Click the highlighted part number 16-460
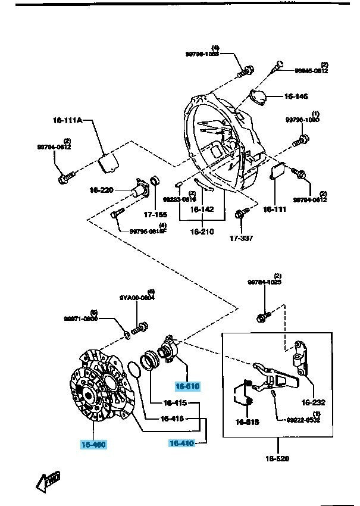(94, 443)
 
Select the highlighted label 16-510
(187, 386)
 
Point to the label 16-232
(314, 402)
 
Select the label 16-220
(101, 190)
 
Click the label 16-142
(202, 210)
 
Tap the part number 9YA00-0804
(137, 298)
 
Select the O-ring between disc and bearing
(135, 371)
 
